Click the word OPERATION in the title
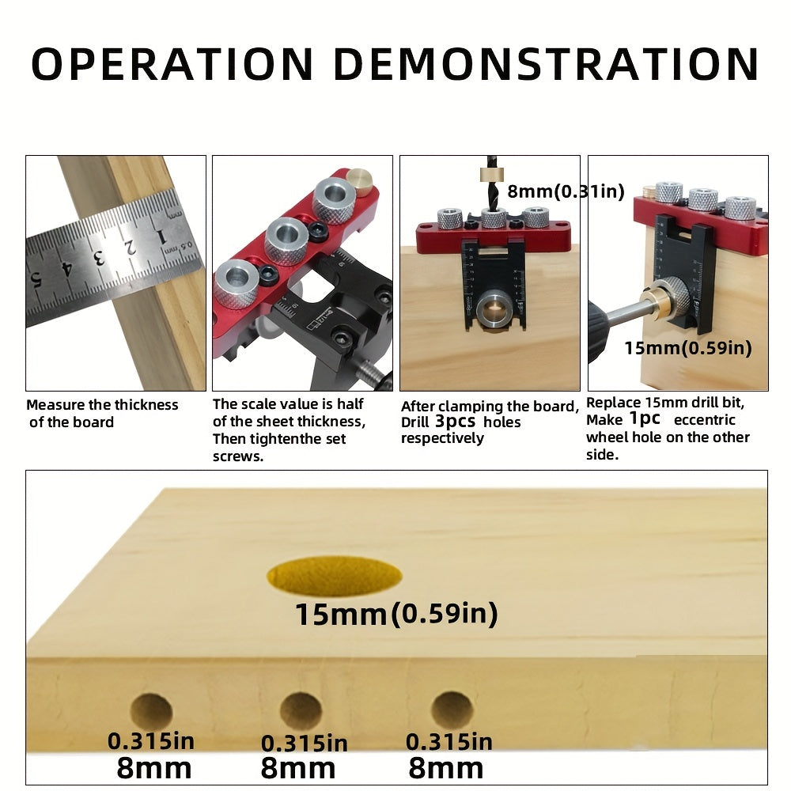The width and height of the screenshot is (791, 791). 172,64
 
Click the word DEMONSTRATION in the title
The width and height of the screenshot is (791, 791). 547,64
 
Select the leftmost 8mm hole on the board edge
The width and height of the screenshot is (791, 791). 151,712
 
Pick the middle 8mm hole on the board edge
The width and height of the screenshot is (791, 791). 301,711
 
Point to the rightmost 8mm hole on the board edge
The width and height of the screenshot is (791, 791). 452,710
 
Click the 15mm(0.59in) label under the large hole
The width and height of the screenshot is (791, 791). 396,614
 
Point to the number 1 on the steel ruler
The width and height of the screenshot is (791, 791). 161,237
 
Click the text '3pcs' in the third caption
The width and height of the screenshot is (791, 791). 455,422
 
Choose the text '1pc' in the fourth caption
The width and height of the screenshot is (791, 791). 644,418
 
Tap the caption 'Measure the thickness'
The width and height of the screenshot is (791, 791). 102,404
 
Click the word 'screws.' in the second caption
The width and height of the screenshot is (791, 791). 238,456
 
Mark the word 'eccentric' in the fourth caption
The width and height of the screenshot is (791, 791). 704,420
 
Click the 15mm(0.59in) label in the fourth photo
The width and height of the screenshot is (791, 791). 688,348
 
